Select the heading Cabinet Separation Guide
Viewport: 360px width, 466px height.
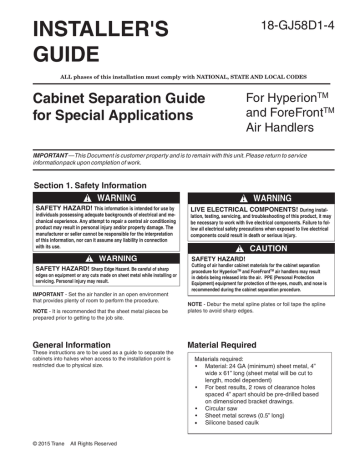point(99,102)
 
